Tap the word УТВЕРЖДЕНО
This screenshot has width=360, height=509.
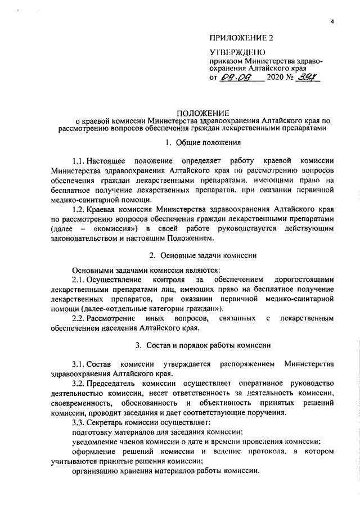(x=235, y=52)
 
